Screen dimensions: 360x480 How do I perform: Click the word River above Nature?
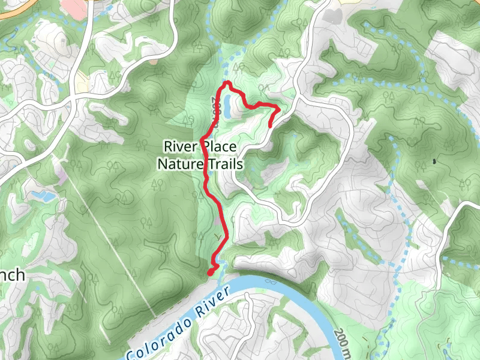coord(181,146)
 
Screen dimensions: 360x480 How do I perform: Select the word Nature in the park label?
coord(178,163)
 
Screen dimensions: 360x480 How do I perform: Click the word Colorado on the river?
coord(160,331)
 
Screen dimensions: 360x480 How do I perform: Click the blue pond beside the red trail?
coord(229,106)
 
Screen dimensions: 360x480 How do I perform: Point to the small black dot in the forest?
coord(433,161)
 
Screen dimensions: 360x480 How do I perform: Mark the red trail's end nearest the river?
coord(211,273)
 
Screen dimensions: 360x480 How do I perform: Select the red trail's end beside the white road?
coord(271,125)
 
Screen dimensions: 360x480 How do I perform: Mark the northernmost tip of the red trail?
coord(229,82)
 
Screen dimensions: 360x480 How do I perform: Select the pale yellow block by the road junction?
coord(83,81)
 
